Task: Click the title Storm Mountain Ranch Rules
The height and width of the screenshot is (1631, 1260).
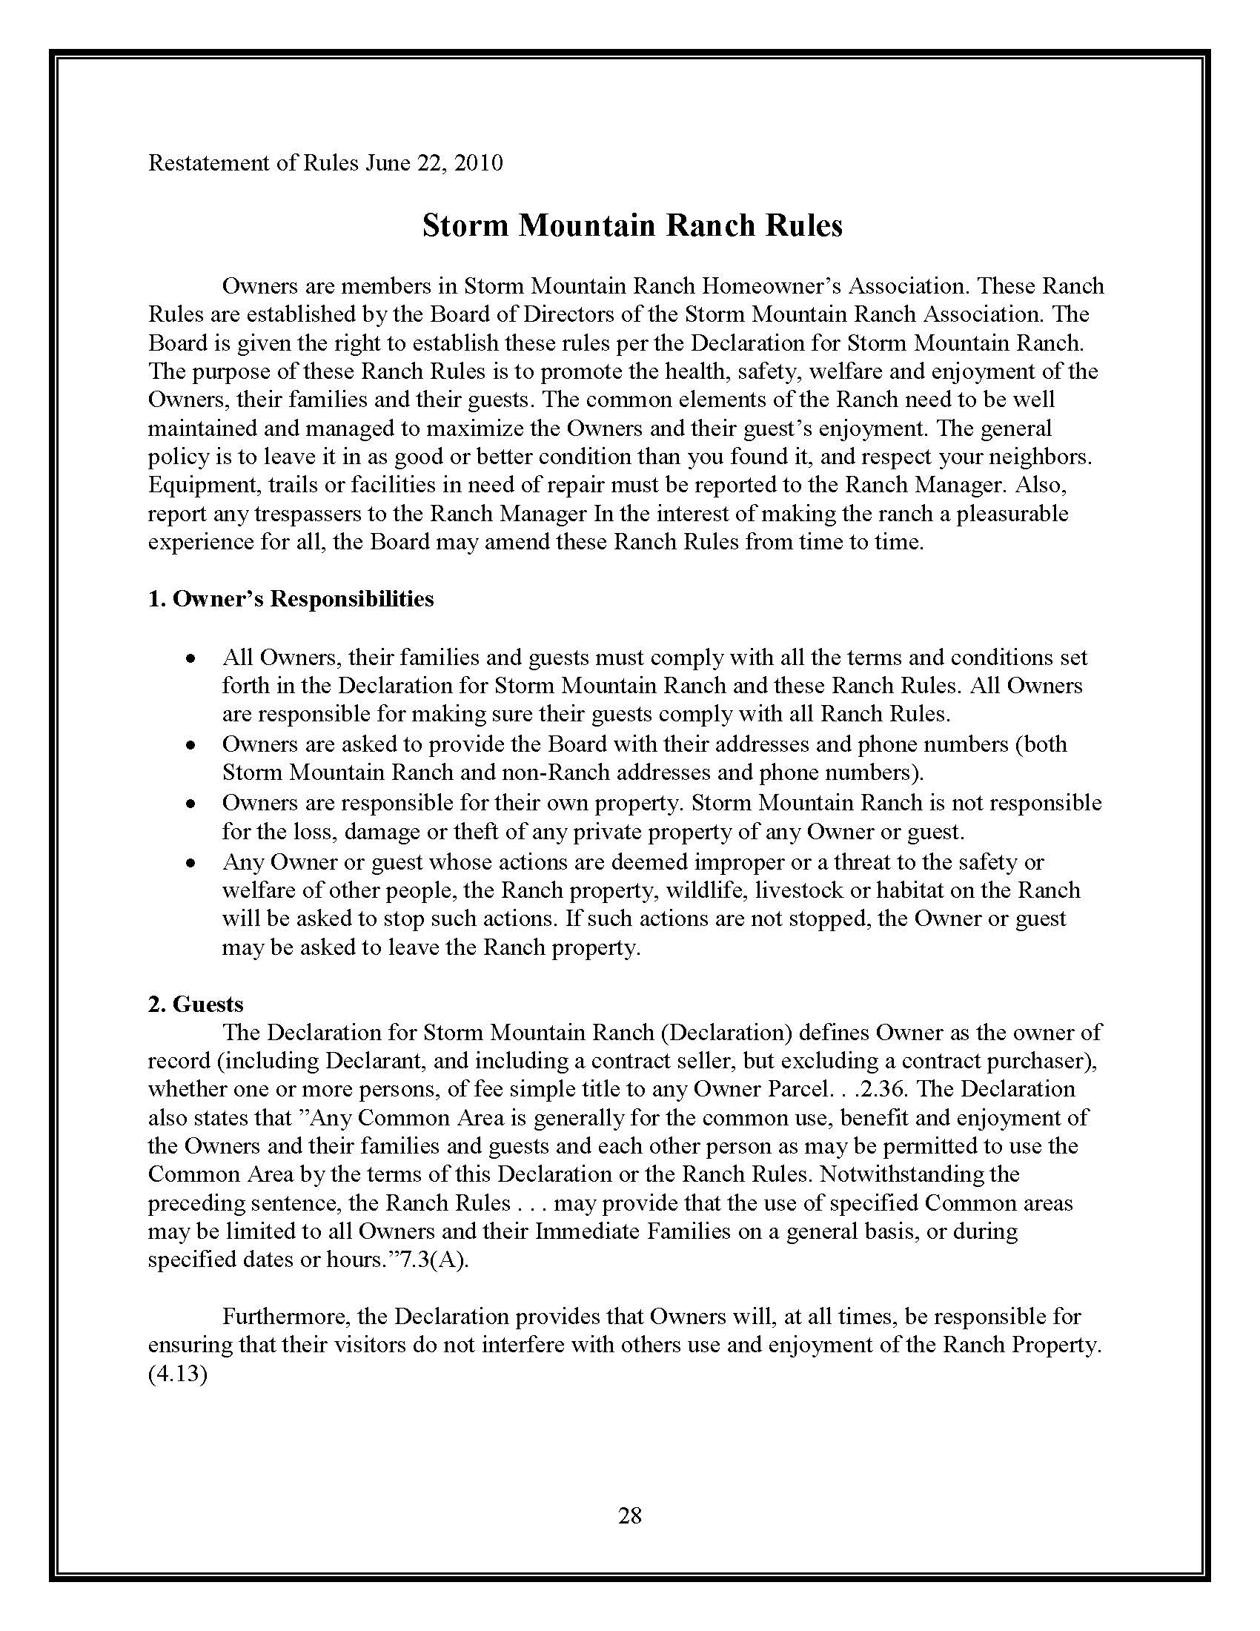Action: (x=632, y=225)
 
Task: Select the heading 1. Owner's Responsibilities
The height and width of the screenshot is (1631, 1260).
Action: (x=291, y=599)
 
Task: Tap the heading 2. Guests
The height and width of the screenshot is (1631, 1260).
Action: (x=196, y=1005)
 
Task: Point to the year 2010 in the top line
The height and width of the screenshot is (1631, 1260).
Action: (x=479, y=163)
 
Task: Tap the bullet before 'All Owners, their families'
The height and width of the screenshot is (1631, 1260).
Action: (x=192, y=659)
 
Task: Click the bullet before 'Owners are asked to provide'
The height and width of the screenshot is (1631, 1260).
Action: (x=192, y=746)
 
